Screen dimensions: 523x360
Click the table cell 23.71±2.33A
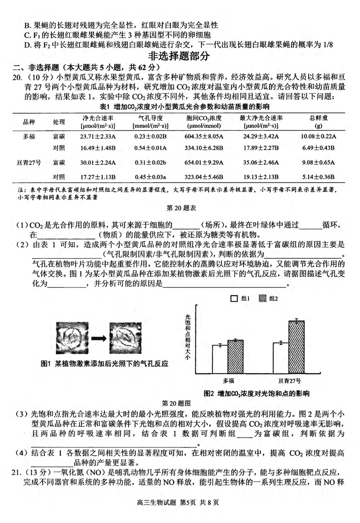pos(98,136)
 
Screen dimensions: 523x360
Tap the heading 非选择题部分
pos(180,56)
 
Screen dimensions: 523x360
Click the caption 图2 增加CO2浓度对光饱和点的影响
pos(256,393)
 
